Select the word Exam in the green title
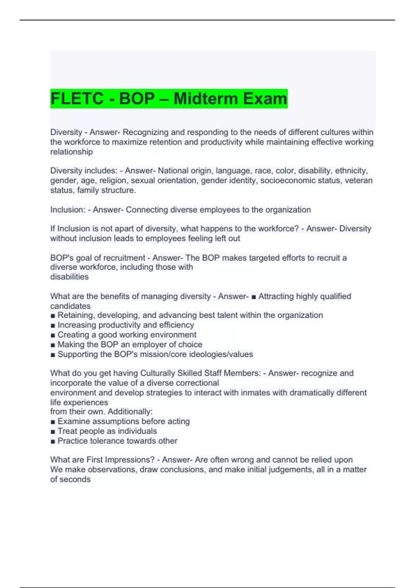pos(265,99)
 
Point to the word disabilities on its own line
pos(69,277)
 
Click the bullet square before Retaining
pos(53,316)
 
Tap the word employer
pos(148,344)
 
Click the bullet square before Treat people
pos(53,432)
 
